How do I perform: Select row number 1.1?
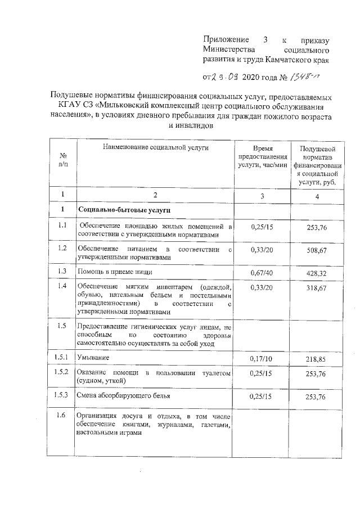pos(62,226)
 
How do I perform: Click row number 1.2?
pos(62,249)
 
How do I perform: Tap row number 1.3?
pos(62,271)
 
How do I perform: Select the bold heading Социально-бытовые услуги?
pos(116,210)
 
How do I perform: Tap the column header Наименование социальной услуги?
pos(147,147)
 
